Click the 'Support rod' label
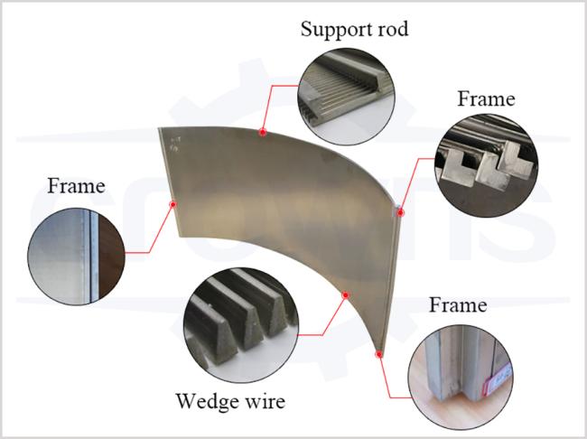click(x=354, y=30)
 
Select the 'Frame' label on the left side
click(x=76, y=187)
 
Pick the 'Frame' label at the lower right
click(x=458, y=304)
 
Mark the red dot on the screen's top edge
click(x=262, y=132)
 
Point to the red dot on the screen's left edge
click(x=172, y=204)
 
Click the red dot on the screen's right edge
click(x=402, y=213)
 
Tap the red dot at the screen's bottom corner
click(x=380, y=355)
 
